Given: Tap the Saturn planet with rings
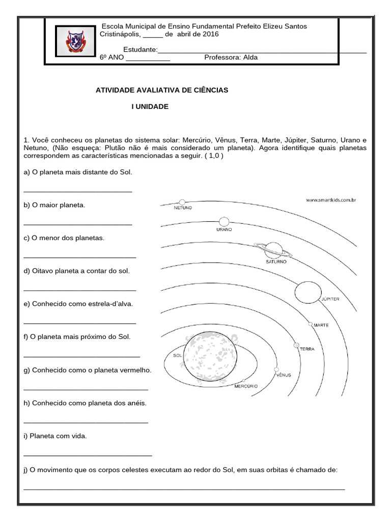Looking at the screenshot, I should (x=274, y=250).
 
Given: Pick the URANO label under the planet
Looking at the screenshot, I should (x=224, y=229).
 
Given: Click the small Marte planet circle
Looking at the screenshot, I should (x=310, y=324).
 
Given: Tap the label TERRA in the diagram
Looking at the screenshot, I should (x=307, y=349).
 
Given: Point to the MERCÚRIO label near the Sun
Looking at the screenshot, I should (x=246, y=386).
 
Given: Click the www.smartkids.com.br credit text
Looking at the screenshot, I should (x=330, y=200).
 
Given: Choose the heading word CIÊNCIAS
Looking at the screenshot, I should (x=208, y=90).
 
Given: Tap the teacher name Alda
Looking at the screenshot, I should (x=250, y=57).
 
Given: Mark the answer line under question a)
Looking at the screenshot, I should (x=78, y=191).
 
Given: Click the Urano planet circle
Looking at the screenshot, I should (x=224, y=221).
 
